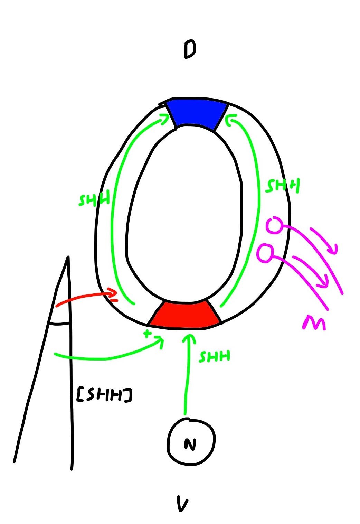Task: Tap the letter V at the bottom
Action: (182, 504)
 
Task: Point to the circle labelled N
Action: (191, 441)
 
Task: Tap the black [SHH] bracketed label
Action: (104, 395)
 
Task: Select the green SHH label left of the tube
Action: (94, 200)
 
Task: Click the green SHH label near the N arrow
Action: (214, 356)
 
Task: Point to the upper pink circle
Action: (275, 225)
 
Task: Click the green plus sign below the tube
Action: (148, 334)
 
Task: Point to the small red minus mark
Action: (114, 300)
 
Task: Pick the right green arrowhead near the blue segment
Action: (229, 119)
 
